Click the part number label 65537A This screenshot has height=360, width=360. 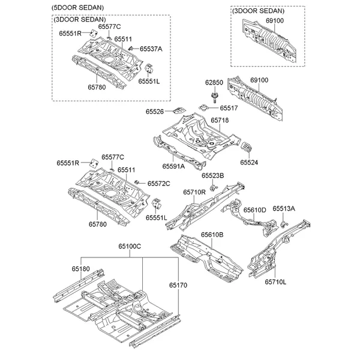pos(151,49)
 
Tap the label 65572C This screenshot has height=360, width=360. pos(158,184)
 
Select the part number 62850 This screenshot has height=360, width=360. pos(214,82)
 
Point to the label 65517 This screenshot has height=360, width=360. pos(229,108)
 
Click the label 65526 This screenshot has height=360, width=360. pos(155,112)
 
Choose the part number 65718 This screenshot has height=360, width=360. pos(220,121)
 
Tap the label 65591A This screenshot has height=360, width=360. pos(173,166)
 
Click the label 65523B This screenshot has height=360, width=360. pos(213,176)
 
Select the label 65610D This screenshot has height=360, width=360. pos(254,210)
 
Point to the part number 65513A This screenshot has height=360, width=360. pos(284,208)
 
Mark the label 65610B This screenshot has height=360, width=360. pos(212,235)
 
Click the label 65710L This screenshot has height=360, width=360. pos(275,282)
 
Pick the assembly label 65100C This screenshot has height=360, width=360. pos(130,247)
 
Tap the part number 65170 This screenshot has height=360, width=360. pos(178,285)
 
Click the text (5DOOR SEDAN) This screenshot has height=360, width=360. pos(77,8)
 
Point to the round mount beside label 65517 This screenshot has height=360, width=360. pos(203,107)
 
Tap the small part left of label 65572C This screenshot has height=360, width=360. pos(137,182)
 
